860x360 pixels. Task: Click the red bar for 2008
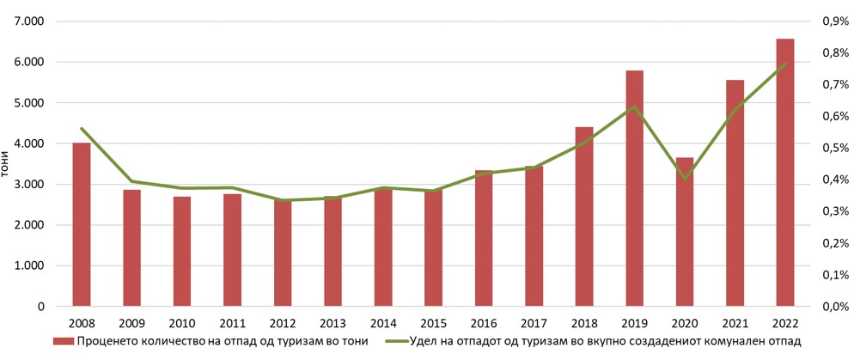click(82, 224)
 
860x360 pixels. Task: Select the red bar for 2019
click(634, 188)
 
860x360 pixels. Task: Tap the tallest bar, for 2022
click(784, 172)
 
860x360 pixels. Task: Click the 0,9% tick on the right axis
click(834, 21)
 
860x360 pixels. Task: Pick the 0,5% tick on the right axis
click(834, 148)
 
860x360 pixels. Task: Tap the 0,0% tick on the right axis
click(834, 307)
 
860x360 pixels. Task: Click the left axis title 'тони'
click(6, 163)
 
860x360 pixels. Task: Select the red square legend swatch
click(64, 342)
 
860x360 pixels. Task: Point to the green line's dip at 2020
click(684, 179)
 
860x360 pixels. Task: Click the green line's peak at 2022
click(784, 64)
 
